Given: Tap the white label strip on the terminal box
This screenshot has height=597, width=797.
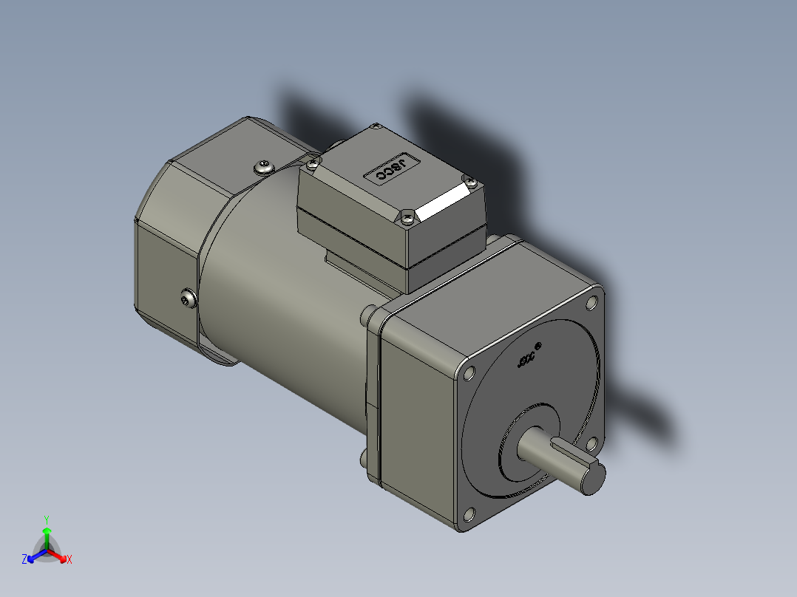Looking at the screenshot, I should [x=443, y=202].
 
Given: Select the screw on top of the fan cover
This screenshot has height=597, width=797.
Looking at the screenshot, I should [x=263, y=167].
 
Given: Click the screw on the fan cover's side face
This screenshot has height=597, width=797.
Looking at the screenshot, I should [x=187, y=298].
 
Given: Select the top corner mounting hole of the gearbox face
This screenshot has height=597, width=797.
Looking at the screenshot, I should [x=591, y=302].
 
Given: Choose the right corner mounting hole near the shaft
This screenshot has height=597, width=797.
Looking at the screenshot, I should [x=591, y=443].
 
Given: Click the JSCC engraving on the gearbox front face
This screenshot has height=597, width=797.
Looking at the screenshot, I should [x=526, y=361].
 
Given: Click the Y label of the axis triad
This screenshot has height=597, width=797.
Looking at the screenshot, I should [x=46, y=519].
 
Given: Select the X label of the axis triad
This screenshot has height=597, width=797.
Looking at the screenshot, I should [x=69, y=560].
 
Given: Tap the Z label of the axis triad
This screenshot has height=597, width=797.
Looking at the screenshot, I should [x=24, y=559].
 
